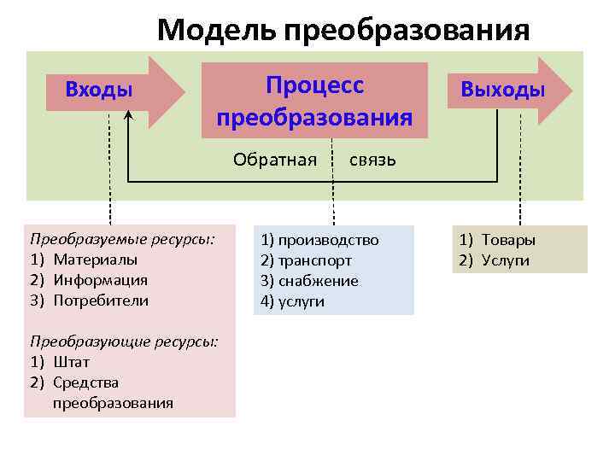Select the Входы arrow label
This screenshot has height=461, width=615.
click(x=99, y=90)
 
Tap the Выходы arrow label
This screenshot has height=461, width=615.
click(x=502, y=90)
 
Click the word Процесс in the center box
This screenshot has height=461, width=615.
click(x=314, y=85)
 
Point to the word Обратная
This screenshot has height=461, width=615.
click(x=275, y=160)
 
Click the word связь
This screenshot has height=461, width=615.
click(x=372, y=160)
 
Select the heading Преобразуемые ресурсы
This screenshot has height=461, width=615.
click(x=122, y=239)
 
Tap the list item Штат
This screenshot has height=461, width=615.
click(x=71, y=362)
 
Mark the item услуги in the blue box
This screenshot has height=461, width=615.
click(x=302, y=301)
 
